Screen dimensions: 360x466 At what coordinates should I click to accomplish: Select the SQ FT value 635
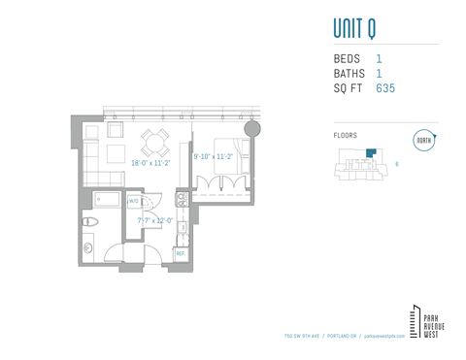(384, 88)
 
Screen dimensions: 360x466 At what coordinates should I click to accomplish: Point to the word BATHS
(349, 74)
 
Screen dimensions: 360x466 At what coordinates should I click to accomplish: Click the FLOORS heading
(345, 136)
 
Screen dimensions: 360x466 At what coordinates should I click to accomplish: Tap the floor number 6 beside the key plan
(397, 165)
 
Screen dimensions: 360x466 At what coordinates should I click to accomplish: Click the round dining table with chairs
(153, 145)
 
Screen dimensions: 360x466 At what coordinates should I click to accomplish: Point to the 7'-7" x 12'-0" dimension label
(154, 220)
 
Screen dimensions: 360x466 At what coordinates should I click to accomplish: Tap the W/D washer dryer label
(134, 201)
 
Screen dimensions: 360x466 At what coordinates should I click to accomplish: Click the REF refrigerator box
(180, 253)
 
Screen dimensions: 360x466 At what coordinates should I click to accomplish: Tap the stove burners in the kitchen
(181, 200)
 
